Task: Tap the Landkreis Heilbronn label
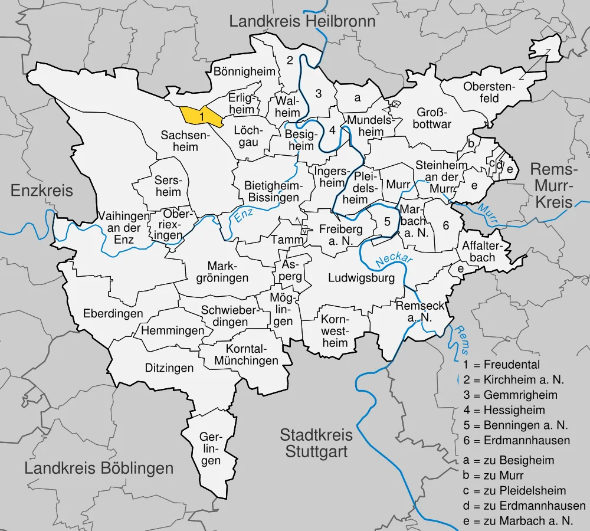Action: point(302,22)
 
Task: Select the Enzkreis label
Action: point(42,191)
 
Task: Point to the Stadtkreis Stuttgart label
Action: point(316,444)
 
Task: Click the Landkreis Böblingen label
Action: point(99,468)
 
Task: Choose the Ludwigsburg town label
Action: point(361,278)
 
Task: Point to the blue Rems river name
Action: point(460,339)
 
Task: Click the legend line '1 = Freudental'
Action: point(501,365)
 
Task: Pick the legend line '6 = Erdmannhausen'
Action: point(517,440)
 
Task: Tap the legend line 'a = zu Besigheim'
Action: point(509,460)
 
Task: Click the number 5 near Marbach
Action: point(387,222)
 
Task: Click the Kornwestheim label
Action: point(335,330)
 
